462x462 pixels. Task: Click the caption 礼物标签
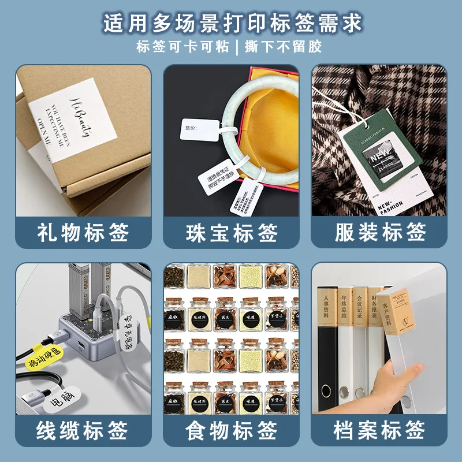point(83,233)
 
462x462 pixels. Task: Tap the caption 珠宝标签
point(232,233)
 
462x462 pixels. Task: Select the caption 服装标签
point(380,233)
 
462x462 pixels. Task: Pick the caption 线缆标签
point(83,431)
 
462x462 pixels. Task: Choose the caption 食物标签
point(232,431)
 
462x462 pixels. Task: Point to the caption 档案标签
point(380,431)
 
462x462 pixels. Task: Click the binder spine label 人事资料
point(326,317)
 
